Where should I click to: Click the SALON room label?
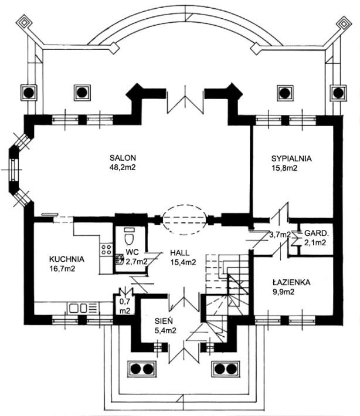(123, 158)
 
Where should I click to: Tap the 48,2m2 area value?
(123, 167)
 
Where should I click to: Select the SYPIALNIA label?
(291, 158)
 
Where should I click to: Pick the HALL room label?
(179, 252)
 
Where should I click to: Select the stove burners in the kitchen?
(107, 249)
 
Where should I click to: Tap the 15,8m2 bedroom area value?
(283, 168)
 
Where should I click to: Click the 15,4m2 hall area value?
(183, 262)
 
